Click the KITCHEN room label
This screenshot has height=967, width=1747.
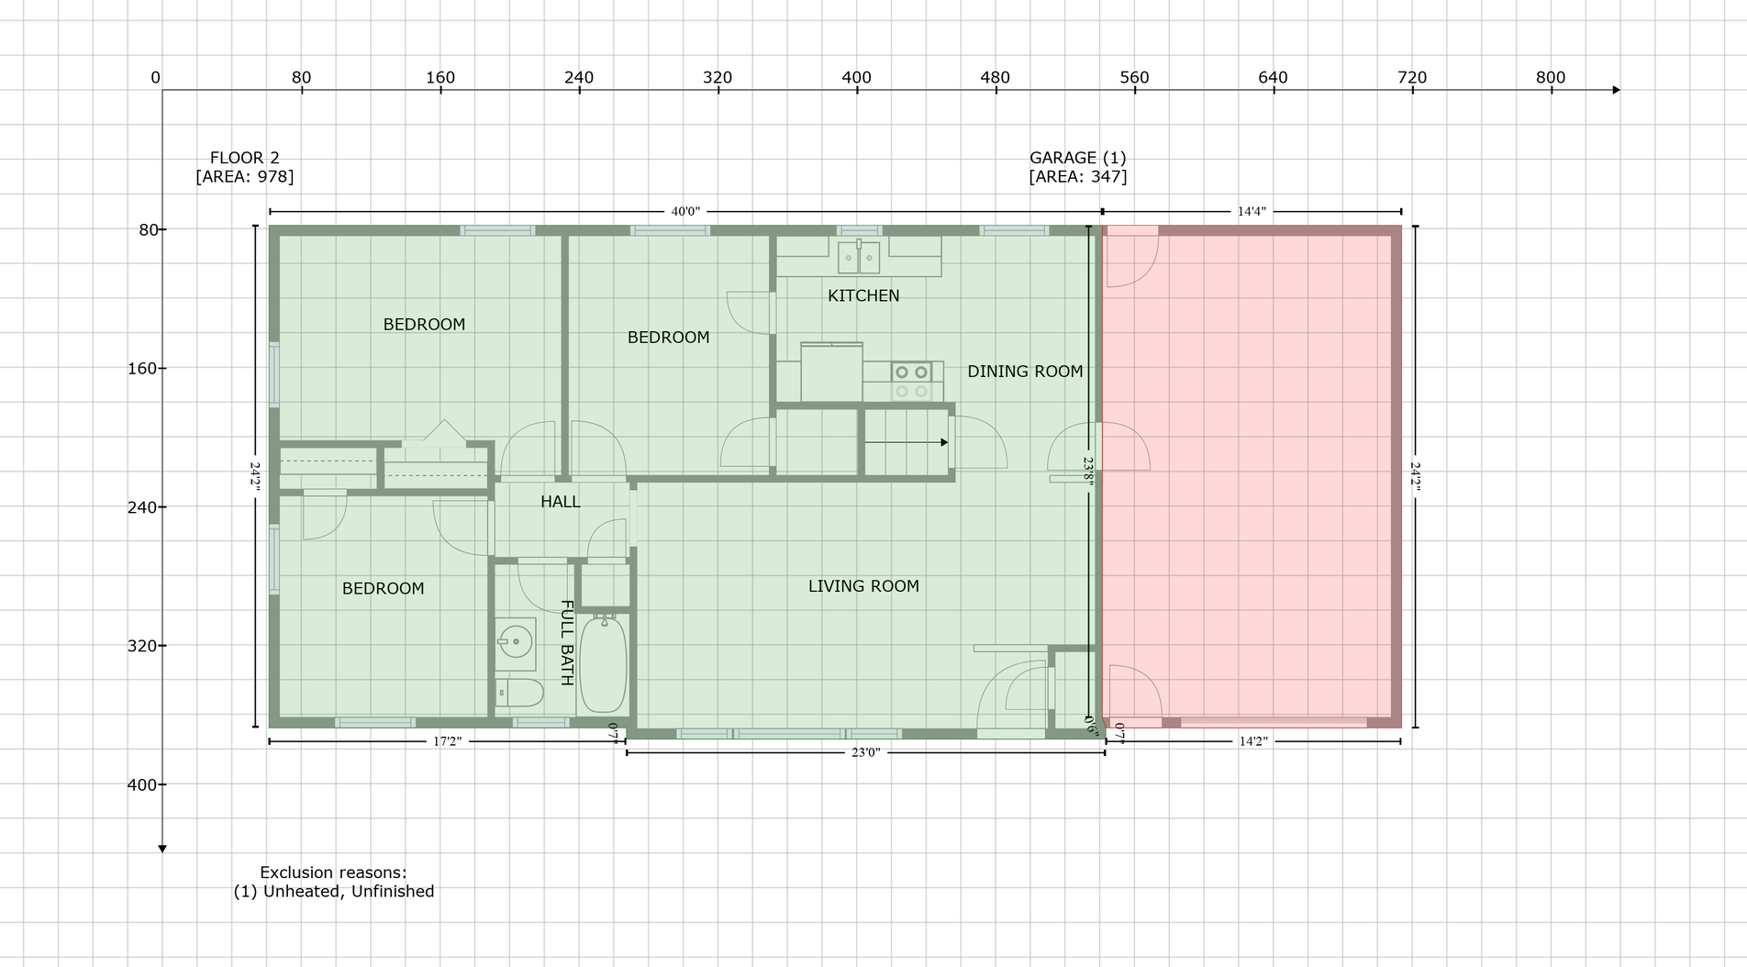click(863, 295)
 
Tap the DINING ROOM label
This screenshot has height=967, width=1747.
click(1025, 372)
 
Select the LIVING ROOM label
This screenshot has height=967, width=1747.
click(863, 586)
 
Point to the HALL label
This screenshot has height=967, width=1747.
click(560, 502)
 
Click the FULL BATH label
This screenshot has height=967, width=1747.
click(567, 643)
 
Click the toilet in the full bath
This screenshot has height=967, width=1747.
click(518, 693)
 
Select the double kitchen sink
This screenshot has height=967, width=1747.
click(858, 258)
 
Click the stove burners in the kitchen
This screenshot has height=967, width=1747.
click(911, 382)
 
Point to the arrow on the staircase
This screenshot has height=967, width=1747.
click(907, 442)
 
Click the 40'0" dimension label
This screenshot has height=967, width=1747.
click(685, 212)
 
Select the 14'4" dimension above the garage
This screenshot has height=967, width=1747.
click(1252, 212)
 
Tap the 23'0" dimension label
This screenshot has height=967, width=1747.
click(865, 753)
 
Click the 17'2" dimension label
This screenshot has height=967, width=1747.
click(448, 741)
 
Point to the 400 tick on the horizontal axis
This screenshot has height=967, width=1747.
click(856, 78)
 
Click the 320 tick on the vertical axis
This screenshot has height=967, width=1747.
click(141, 646)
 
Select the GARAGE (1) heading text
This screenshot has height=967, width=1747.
click(1077, 158)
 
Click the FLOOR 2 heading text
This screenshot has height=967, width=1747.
click(244, 158)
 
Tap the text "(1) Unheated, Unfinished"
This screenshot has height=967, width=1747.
click(334, 891)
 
